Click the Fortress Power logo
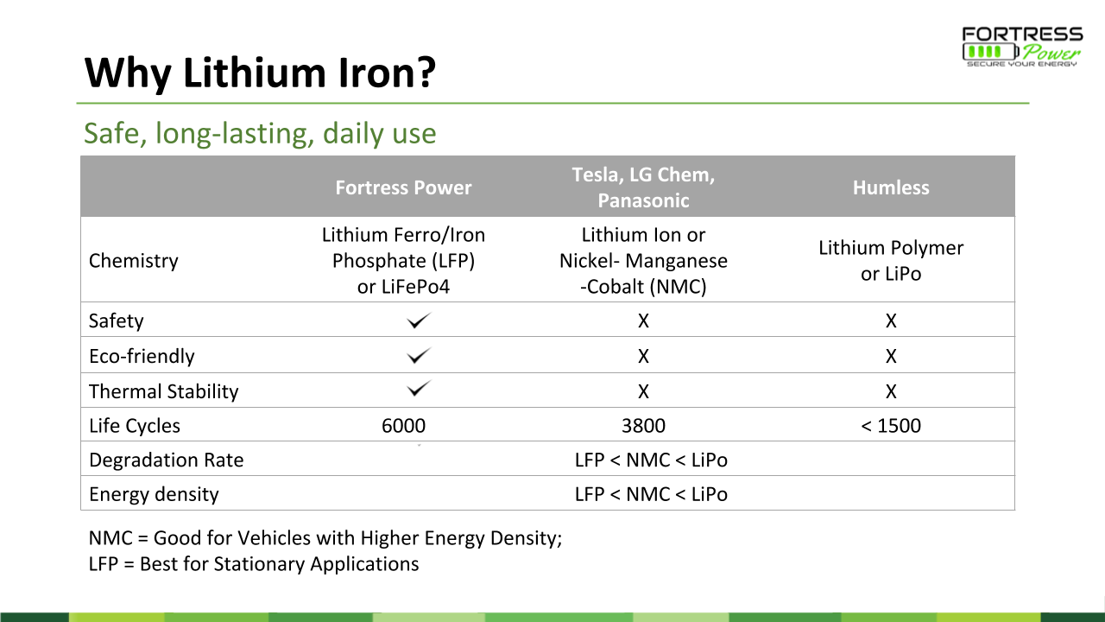point(1022,47)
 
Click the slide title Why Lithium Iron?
point(260,73)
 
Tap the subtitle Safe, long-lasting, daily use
point(260,133)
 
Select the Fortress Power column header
point(403,187)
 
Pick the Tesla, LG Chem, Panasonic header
point(643,187)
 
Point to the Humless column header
point(891,187)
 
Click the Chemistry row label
point(133,261)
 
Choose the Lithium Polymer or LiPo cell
point(891,261)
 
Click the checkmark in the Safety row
point(419,321)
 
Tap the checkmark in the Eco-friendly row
point(419,355)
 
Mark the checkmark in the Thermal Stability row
point(419,389)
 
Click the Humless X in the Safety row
point(891,321)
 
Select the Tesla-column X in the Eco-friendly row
point(643,356)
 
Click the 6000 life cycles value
point(403,426)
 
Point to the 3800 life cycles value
point(643,426)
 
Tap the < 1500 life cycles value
point(891,426)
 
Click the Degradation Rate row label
point(167,460)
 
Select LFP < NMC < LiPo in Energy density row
point(651,494)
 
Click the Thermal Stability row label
point(163,391)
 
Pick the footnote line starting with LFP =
point(254,564)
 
